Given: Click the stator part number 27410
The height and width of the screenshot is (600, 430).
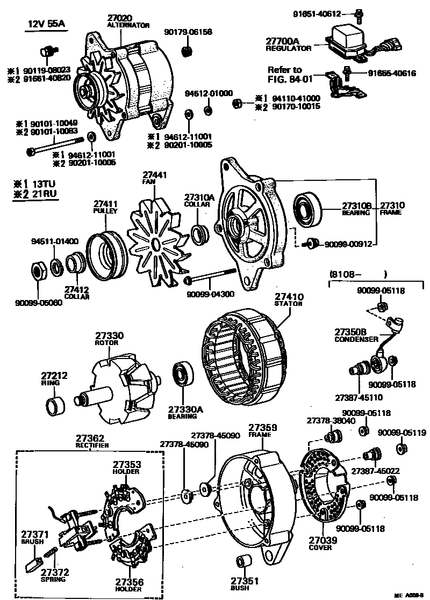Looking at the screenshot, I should point(289,296).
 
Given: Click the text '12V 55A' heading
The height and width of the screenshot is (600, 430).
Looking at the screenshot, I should point(45,24).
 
